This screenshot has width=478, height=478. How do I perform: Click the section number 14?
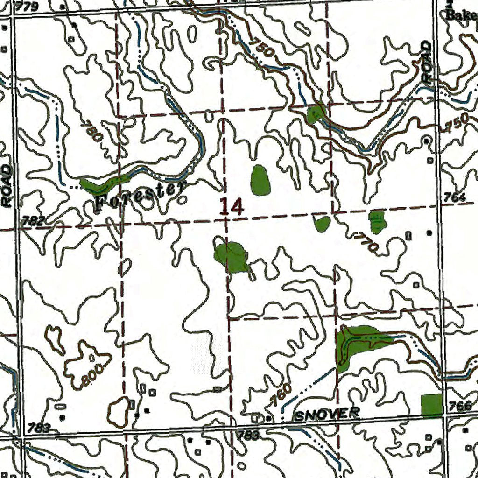click(x=232, y=206)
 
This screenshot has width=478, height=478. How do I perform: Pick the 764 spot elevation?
click(x=455, y=198)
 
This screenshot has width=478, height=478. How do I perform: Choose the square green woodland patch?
click(x=431, y=405)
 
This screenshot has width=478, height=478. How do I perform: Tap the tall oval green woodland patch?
click(x=260, y=180)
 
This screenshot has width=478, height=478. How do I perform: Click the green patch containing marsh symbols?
click(x=377, y=221)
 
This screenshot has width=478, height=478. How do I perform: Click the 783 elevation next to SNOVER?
click(x=248, y=435)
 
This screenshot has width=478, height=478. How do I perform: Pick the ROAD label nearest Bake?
click(x=427, y=62)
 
